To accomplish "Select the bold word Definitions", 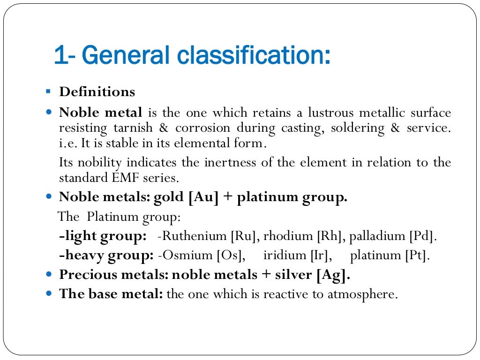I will pyautogui.click(x=97, y=91).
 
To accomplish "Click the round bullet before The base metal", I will pyautogui.click(x=50, y=294).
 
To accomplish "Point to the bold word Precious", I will pyautogui.click(x=83, y=275).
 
